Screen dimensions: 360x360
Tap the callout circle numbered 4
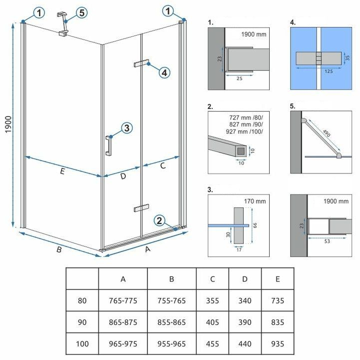click(164, 72)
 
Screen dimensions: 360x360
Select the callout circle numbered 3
click(126, 128)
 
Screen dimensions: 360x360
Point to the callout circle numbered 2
click(159, 220)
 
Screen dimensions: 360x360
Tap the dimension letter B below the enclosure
click(58, 249)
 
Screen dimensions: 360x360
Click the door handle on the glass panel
click(107, 145)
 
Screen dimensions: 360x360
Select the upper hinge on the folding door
click(141, 63)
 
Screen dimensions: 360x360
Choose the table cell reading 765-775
click(122, 300)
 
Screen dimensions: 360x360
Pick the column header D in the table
click(245, 278)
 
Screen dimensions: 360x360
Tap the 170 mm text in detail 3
click(256, 201)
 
